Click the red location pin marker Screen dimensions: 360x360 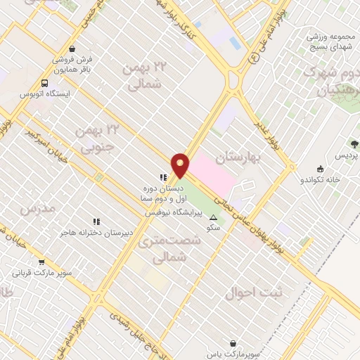(x=181, y=165)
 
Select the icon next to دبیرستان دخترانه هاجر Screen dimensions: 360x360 (x=96, y=221)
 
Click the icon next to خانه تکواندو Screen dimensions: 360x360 (x=320, y=169)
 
